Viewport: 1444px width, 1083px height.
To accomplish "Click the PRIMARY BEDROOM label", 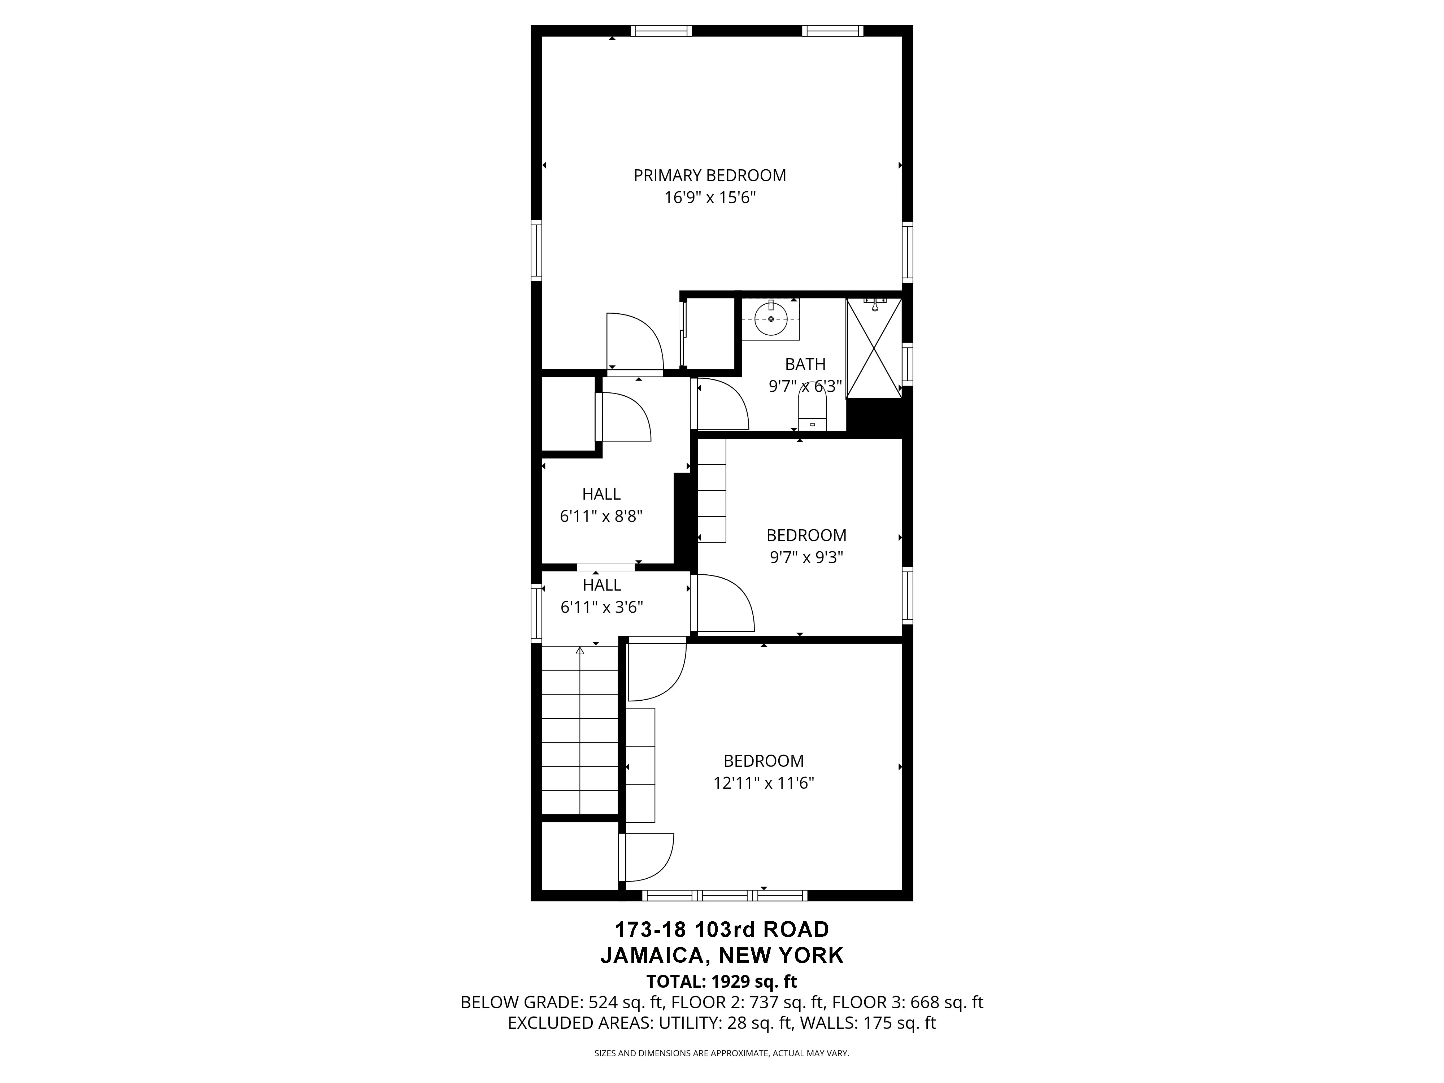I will click(x=710, y=175).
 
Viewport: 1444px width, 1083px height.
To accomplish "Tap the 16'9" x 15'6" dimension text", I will click(x=710, y=198).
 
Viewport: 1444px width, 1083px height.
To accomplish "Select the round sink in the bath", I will click(x=771, y=318).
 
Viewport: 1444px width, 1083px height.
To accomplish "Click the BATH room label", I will click(x=805, y=364).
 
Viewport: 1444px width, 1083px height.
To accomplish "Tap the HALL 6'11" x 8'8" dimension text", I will click(x=601, y=516).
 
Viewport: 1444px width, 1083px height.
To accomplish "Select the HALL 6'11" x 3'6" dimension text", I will click(x=601, y=607).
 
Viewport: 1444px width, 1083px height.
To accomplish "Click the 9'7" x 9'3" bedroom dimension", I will click(x=806, y=557).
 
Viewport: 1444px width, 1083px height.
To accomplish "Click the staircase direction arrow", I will click(x=580, y=651).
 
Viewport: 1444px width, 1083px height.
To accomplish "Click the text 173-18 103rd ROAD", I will click(x=722, y=929).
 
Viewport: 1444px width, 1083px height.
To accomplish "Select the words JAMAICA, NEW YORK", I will click(x=722, y=956).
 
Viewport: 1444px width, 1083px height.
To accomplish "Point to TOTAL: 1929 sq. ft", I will click(x=722, y=982).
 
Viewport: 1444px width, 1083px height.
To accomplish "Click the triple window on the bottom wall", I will click(x=725, y=895).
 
